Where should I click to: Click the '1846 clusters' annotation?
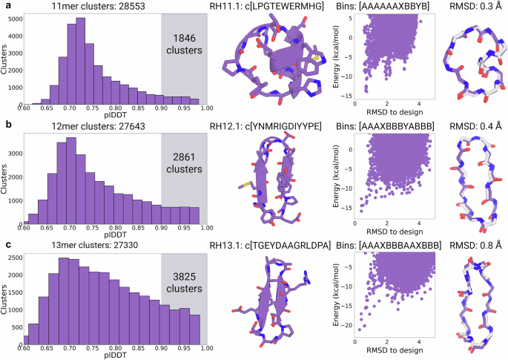coord(184,45)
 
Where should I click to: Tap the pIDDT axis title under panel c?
coord(116,354)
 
